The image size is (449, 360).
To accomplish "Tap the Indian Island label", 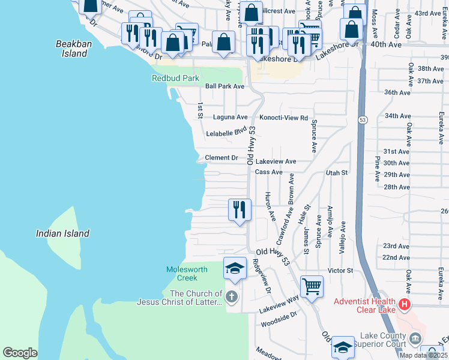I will [62, 233].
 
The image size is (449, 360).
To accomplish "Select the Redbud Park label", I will [175, 78].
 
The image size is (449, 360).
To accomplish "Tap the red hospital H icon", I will [405, 305].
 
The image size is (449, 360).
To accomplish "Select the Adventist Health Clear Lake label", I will [364, 305].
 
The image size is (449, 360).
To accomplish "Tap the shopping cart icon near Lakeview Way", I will [312, 287].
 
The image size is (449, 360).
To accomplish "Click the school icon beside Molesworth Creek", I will [235, 268].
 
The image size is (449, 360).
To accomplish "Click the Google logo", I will [20, 353].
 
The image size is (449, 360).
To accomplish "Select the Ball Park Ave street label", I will [224, 86].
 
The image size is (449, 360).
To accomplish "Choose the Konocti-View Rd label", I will [283, 118].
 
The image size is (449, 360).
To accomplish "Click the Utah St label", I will [337, 173].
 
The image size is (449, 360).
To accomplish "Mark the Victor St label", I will [340, 271].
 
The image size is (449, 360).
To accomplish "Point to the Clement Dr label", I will [221, 158].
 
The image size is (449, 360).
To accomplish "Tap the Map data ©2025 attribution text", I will [424, 355].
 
